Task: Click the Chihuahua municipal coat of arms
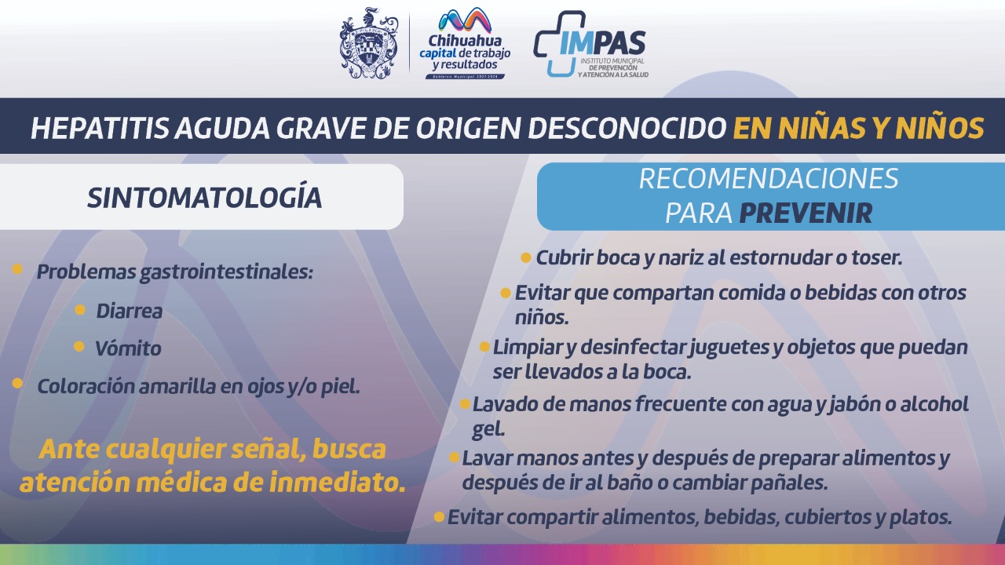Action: [x=369, y=43]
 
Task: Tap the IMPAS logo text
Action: [x=602, y=43]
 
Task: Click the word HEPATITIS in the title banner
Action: [x=100, y=128]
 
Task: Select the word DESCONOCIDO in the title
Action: [x=627, y=128]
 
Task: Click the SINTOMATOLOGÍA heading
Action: [x=205, y=197]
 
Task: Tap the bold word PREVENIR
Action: [x=806, y=213]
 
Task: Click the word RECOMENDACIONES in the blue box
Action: [x=769, y=178]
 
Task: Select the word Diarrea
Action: [x=130, y=312]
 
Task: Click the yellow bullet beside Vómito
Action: [x=79, y=346]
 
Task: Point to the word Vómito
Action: [x=128, y=348]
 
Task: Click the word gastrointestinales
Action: [x=226, y=272]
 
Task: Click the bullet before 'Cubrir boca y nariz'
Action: [x=526, y=258]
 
